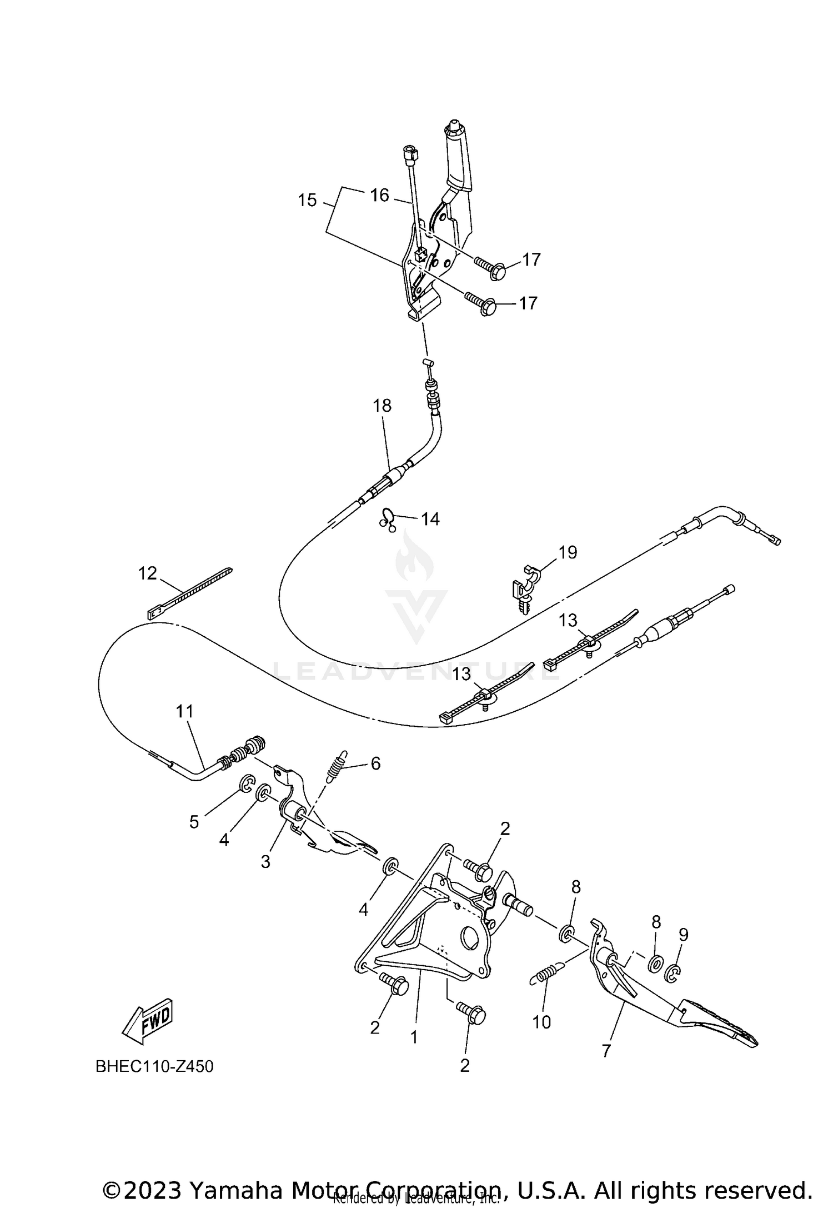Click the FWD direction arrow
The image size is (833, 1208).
coord(148,1023)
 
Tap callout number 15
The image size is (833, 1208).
coord(307,200)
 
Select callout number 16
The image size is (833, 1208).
coord(380,195)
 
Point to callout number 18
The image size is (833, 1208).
coord(382,406)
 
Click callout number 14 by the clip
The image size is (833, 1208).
coord(430,519)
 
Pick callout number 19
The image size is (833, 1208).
coord(568,552)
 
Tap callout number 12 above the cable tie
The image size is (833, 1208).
coord(147,573)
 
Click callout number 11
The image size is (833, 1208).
coord(185,711)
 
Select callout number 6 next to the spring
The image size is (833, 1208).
coord(375,763)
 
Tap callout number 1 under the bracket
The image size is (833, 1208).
coord(414,1037)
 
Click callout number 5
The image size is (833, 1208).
coord(194,837)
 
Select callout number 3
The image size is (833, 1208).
coord(265,862)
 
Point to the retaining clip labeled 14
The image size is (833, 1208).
coord(388,520)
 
